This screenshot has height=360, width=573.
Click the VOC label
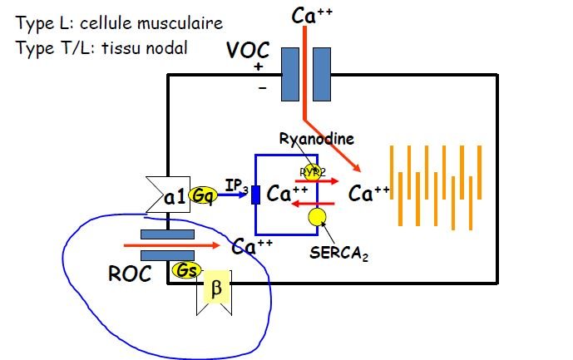tap(248, 50)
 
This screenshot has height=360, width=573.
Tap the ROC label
tap(130, 274)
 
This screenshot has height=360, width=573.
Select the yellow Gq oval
tap(202, 196)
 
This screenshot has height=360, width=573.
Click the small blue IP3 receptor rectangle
tap(256, 195)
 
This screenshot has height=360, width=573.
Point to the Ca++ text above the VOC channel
tap(313, 15)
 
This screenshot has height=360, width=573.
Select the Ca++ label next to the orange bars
tap(369, 195)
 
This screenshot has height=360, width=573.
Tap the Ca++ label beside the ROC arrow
tap(253, 247)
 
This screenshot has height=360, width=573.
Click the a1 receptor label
tap(175, 197)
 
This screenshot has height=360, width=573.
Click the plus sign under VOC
tap(259, 67)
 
